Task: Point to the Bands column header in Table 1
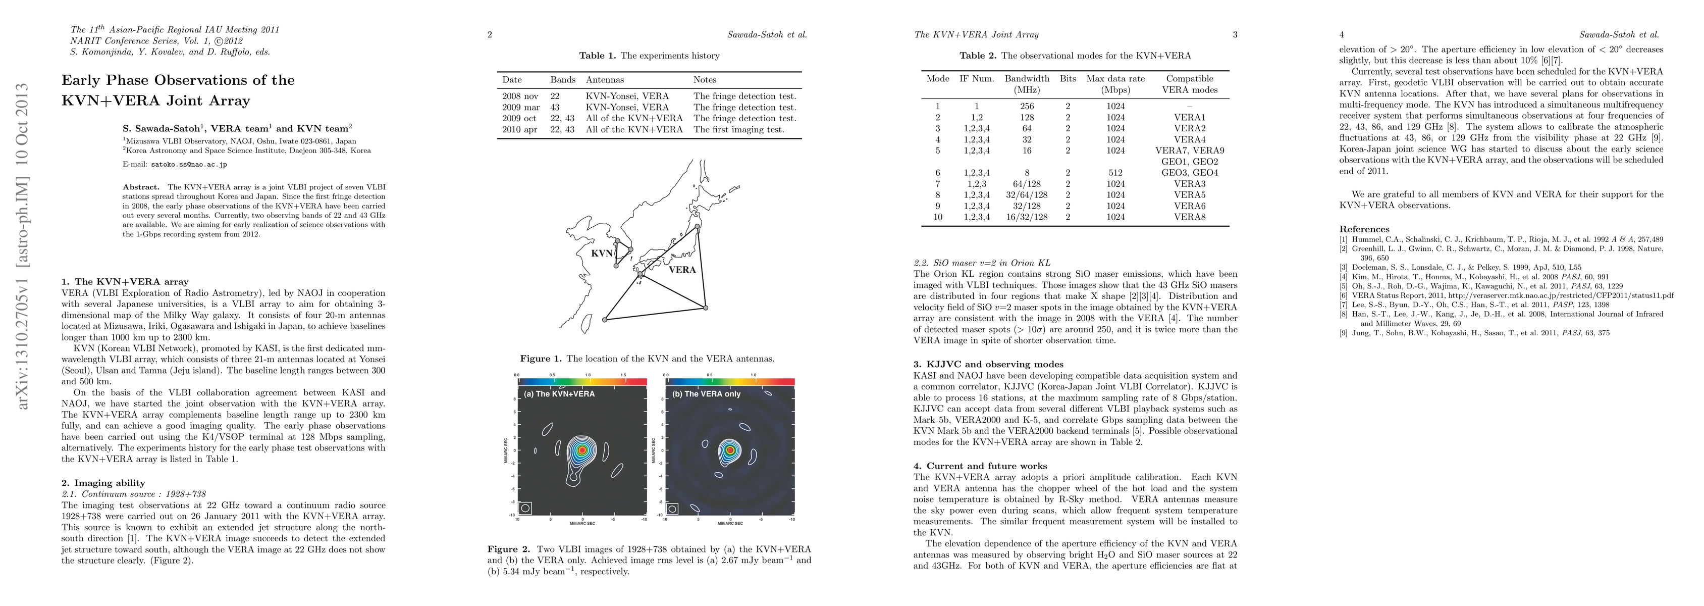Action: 563,79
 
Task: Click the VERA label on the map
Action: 682,270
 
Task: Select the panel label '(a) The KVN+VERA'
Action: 559,393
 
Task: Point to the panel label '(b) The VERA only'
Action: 706,393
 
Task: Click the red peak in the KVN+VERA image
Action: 582,450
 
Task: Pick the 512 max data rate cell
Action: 1115,173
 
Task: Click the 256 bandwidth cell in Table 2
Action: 1027,107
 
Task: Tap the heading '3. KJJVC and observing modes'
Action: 988,365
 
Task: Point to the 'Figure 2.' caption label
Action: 509,549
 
